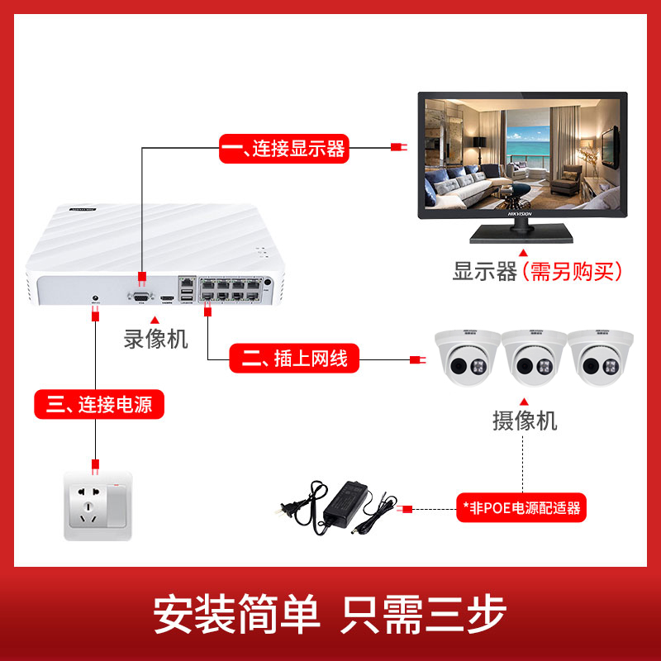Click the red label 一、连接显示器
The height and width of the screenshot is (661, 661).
pos(283,149)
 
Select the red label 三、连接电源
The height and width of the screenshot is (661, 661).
pos(99,405)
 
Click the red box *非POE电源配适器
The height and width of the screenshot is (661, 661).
pos(521,506)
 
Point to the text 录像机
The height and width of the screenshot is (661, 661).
pos(156,339)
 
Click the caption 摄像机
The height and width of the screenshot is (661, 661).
pos(525,421)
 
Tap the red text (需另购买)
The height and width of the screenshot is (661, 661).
pos(571,271)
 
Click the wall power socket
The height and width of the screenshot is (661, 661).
pos(97,506)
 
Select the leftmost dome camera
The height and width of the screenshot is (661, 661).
pos(468,356)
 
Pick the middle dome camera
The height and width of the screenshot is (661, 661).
pos(534,356)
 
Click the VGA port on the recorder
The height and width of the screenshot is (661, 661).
pos(140,293)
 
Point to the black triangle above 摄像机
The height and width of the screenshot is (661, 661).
pos(525,398)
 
